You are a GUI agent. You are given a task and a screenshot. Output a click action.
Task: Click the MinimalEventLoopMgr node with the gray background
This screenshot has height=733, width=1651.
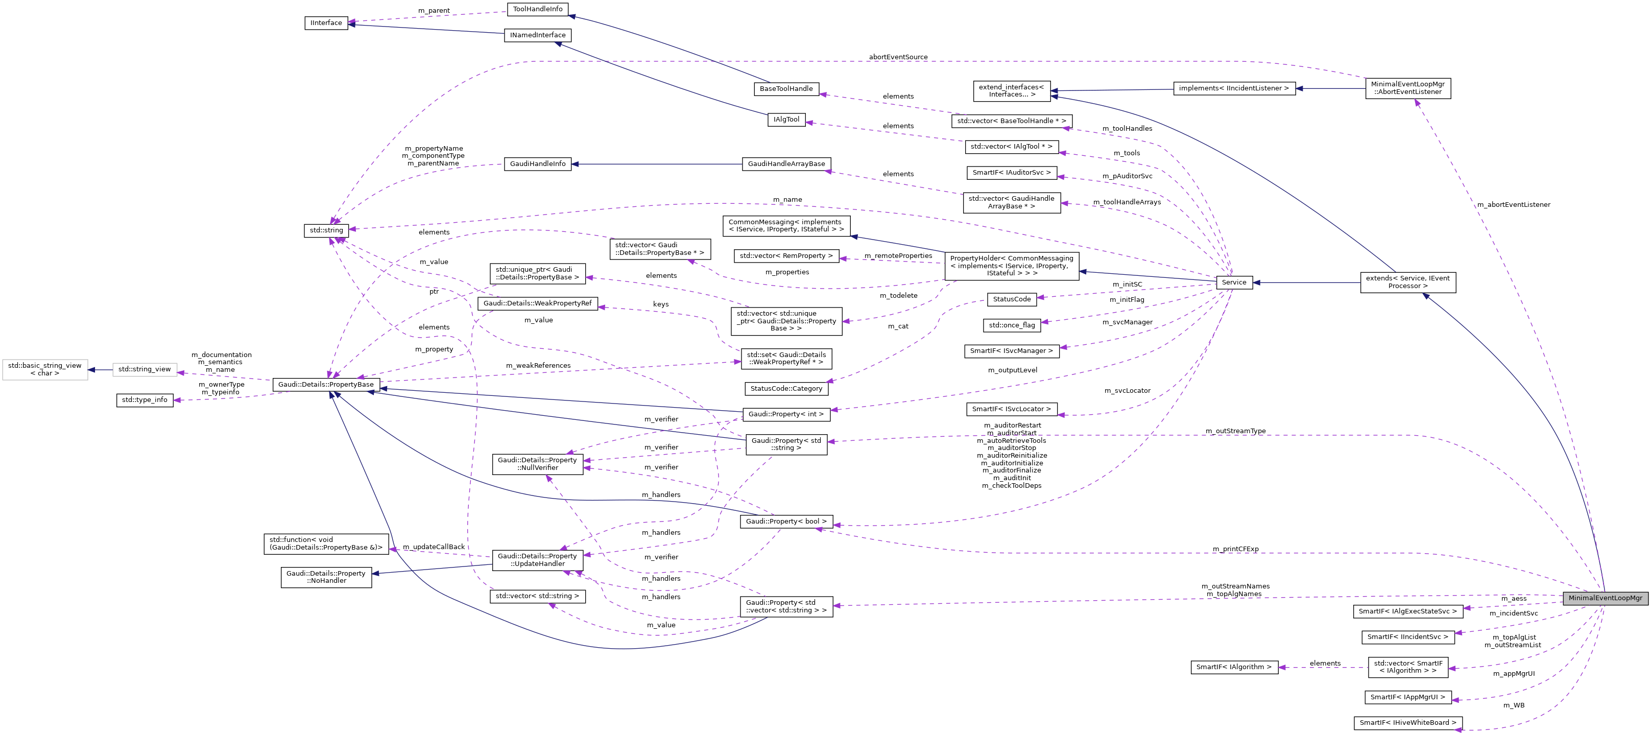point(1605,598)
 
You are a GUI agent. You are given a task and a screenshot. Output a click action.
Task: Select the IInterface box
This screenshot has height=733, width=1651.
point(326,23)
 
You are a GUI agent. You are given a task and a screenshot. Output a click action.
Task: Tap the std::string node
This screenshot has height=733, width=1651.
point(326,230)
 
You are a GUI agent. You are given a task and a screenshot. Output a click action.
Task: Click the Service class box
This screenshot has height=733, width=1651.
point(1234,282)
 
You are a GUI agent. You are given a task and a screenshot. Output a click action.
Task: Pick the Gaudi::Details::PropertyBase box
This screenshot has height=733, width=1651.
point(326,385)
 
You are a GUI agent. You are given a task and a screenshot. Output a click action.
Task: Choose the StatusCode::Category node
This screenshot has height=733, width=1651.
point(786,389)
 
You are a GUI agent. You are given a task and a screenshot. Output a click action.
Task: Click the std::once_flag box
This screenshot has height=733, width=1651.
point(1011,325)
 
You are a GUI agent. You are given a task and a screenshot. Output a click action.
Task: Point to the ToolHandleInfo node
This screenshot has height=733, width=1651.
point(537,9)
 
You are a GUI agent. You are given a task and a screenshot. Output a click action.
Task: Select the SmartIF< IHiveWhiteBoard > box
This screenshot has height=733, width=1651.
point(1407,723)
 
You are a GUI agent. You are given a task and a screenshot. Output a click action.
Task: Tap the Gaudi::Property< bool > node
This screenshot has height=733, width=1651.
point(786,522)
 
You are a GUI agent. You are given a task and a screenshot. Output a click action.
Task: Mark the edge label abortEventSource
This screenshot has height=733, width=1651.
point(898,57)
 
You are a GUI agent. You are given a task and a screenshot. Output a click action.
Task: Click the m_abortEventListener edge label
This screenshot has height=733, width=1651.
point(1513,204)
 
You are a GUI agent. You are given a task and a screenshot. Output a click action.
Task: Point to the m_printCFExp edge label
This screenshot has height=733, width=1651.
point(1235,549)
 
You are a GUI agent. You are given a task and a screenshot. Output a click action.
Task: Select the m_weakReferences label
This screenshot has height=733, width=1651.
point(538,366)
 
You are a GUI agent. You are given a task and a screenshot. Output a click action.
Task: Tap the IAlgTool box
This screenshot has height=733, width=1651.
point(786,120)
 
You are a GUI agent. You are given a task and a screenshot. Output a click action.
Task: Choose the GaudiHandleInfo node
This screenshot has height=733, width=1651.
point(537,164)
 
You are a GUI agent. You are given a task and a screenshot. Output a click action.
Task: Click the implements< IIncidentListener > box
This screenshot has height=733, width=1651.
point(1234,88)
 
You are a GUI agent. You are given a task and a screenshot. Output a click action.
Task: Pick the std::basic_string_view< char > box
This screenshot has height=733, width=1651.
point(45,369)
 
